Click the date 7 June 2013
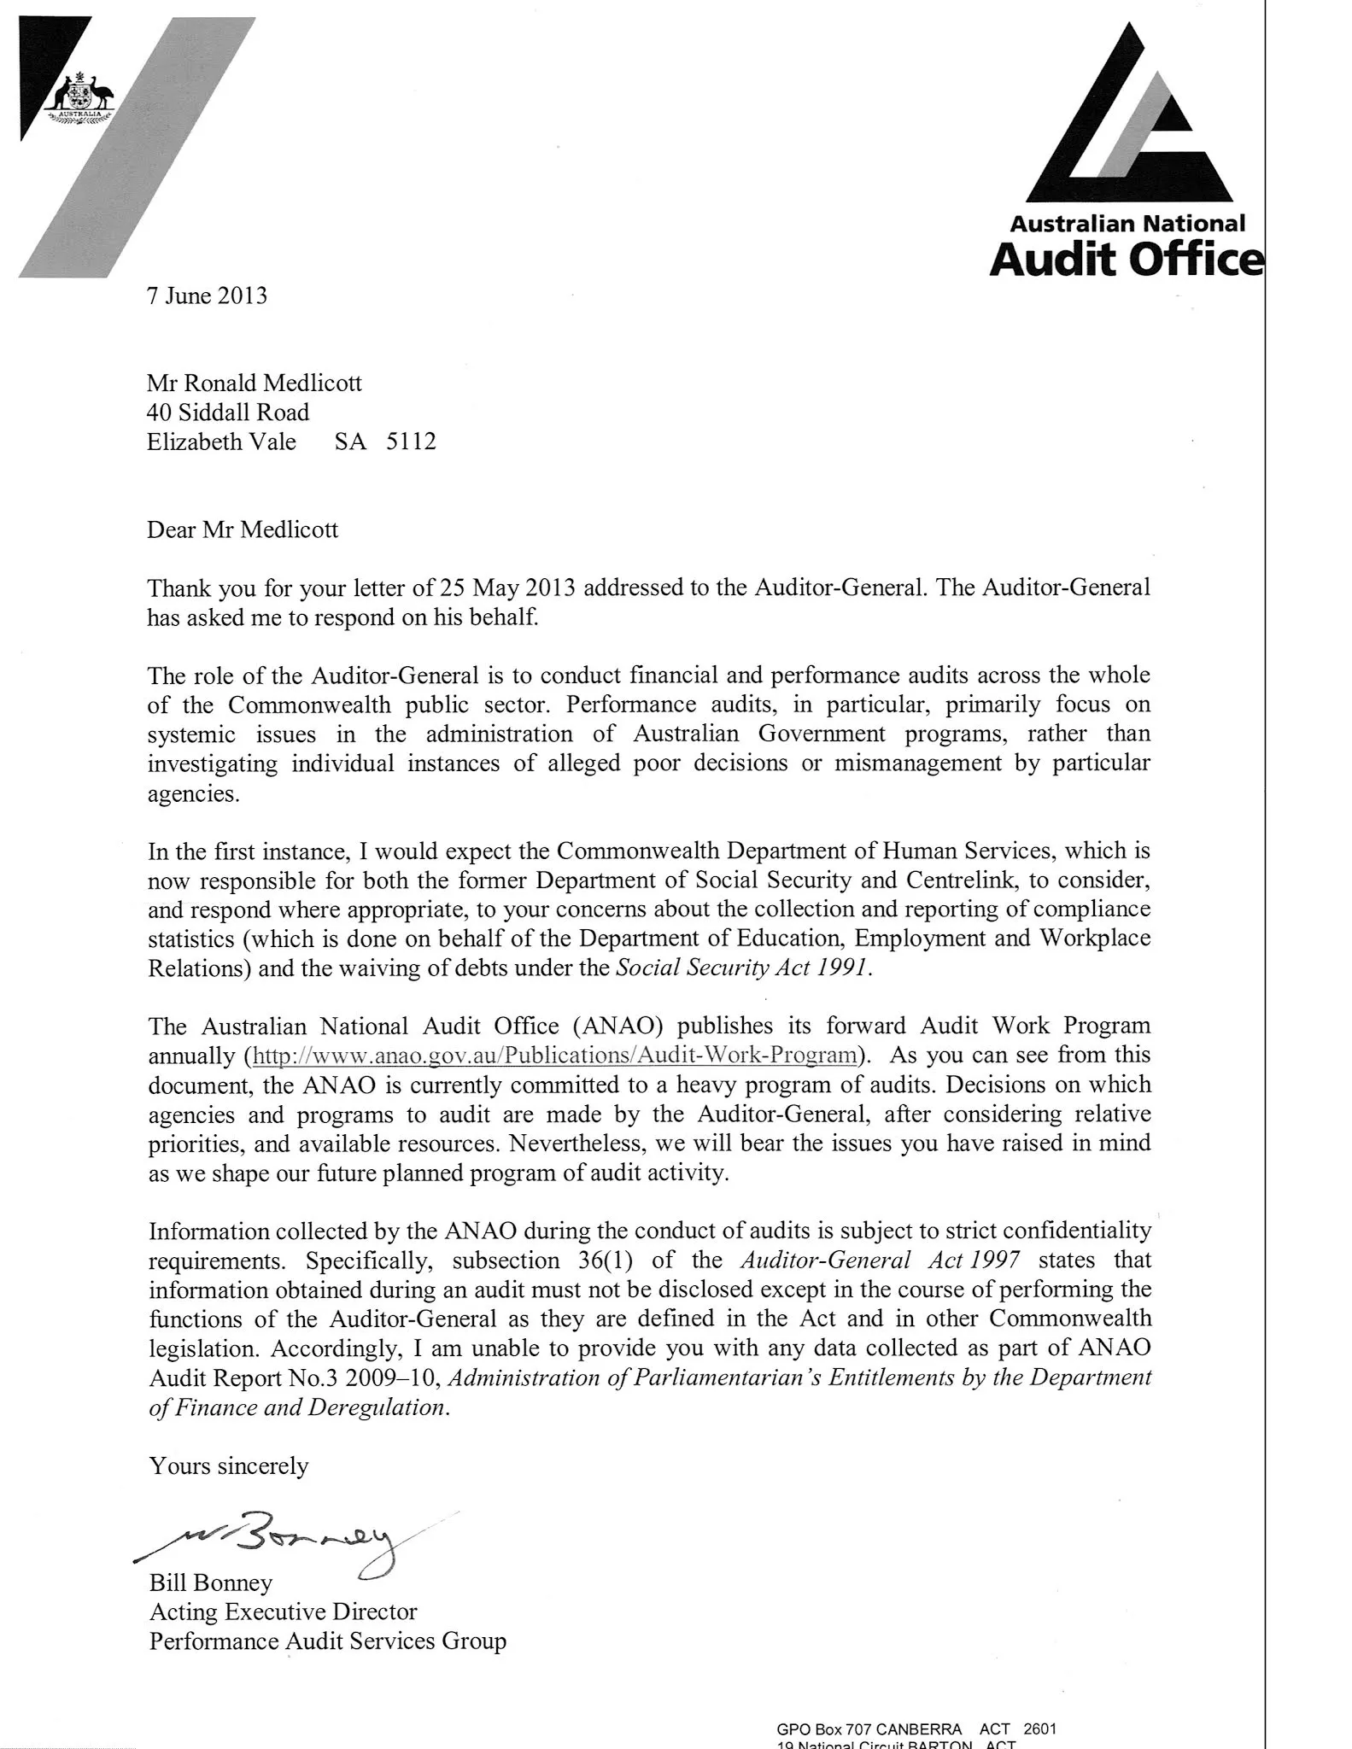click(207, 295)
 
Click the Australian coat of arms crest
click(80, 99)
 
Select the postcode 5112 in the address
click(411, 442)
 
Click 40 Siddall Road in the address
click(228, 412)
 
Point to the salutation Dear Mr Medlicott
click(243, 529)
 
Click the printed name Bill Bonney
click(210, 1582)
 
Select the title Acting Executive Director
click(283, 1612)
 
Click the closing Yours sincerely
click(228, 1465)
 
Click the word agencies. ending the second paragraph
click(194, 793)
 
